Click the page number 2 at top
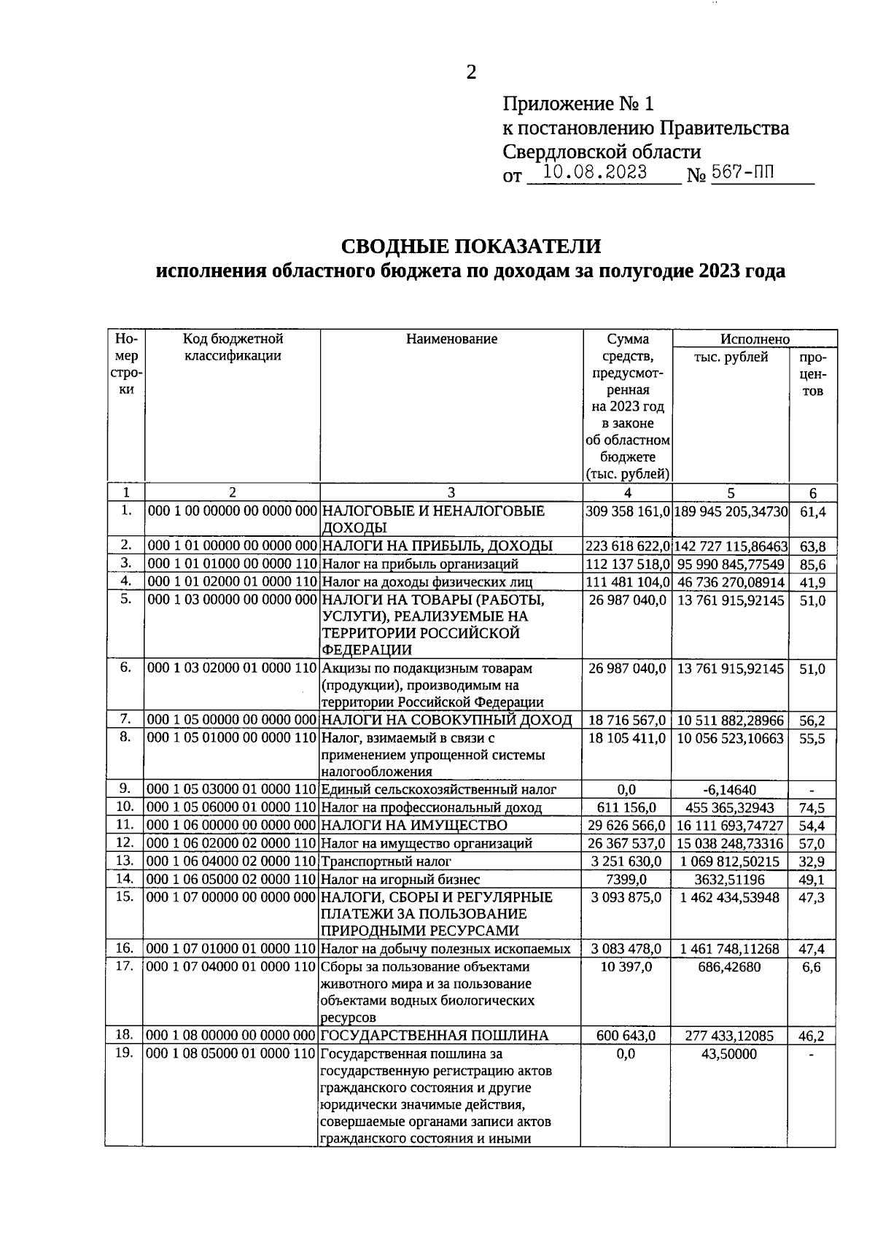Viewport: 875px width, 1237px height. pyautogui.click(x=470, y=72)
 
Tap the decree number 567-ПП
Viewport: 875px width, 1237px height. pyautogui.click(x=744, y=173)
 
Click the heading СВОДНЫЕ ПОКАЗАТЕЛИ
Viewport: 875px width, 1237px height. pyautogui.click(x=471, y=246)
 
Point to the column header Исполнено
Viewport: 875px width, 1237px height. pyautogui.click(x=755, y=339)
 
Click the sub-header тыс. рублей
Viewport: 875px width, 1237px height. pyautogui.click(x=731, y=357)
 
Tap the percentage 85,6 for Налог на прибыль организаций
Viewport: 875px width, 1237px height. pyautogui.click(x=812, y=565)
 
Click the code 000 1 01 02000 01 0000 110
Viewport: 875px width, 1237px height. pyautogui.click(x=232, y=582)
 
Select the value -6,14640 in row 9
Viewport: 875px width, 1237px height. pyautogui.click(x=730, y=790)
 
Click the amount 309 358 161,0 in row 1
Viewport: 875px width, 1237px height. pyautogui.click(x=627, y=512)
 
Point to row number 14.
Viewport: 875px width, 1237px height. pyautogui.click(x=125, y=879)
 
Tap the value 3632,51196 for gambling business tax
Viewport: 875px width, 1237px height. pyautogui.click(x=730, y=880)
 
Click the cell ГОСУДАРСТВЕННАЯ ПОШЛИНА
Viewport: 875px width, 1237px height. pyautogui.click(x=435, y=1036)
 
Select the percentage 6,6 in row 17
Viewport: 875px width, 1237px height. pyautogui.click(x=812, y=967)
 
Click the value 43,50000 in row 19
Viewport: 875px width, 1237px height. pyautogui.click(x=729, y=1055)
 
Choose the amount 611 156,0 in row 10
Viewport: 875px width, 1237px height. pyautogui.click(x=627, y=808)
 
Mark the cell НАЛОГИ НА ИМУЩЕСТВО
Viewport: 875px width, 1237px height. pyautogui.click(x=414, y=826)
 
